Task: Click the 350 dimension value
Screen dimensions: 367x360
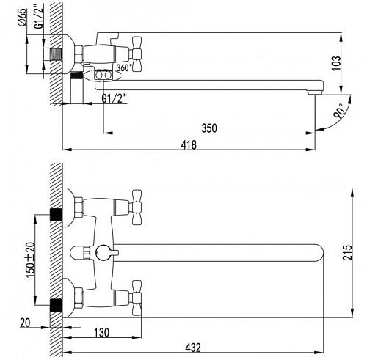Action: [x=209, y=128]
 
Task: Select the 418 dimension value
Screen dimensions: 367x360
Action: [x=189, y=144]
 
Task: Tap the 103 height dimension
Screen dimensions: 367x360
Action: [x=336, y=63]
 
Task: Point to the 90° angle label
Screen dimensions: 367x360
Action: [x=340, y=111]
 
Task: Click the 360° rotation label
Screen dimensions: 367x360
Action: [x=124, y=67]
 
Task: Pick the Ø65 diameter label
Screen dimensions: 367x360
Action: [x=22, y=17]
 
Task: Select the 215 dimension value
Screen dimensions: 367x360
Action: [x=348, y=252]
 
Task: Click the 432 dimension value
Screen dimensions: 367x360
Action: [x=193, y=348]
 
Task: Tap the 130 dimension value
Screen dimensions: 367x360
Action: [x=102, y=332]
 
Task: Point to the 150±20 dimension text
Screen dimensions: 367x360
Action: [x=31, y=260]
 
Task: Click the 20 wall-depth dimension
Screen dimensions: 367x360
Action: [x=25, y=323]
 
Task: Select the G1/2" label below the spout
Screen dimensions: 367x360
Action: [x=115, y=98]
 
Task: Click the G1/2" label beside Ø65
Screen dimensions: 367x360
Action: [x=39, y=15]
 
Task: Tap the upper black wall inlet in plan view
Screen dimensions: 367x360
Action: [x=56, y=215]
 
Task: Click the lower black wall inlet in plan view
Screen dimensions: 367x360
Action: [x=56, y=305]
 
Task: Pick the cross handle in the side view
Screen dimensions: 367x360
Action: [x=136, y=54]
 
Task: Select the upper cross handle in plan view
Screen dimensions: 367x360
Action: [x=136, y=207]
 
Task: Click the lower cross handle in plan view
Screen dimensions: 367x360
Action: [x=136, y=298]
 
